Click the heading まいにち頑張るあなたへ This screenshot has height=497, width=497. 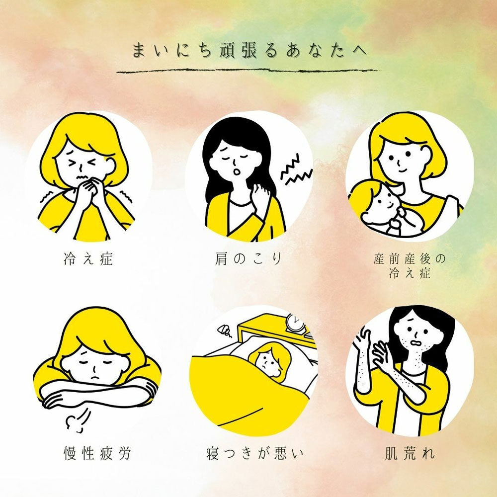(249, 51)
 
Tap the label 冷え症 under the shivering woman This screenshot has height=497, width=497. (88, 258)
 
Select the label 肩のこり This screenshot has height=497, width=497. (248, 258)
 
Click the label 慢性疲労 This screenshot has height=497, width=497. (97, 453)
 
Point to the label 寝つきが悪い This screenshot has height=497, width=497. (254, 453)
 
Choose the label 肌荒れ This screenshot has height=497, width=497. (410, 453)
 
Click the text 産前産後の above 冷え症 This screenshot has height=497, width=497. (410, 259)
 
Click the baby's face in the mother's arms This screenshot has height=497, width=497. (384, 200)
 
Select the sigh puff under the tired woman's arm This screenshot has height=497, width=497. (78, 421)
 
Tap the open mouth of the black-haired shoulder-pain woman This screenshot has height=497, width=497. (237, 172)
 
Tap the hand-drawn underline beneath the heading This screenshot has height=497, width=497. (248, 71)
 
